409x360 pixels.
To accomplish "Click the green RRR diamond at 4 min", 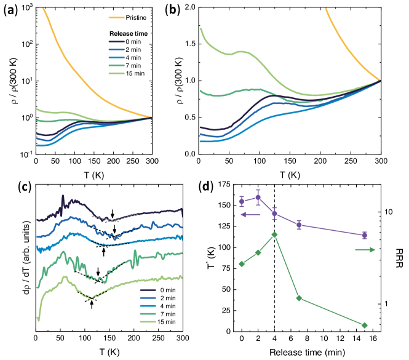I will click(274, 234).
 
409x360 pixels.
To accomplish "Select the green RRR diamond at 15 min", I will click(365, 325).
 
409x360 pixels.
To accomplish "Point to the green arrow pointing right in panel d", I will click(365, 249).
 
